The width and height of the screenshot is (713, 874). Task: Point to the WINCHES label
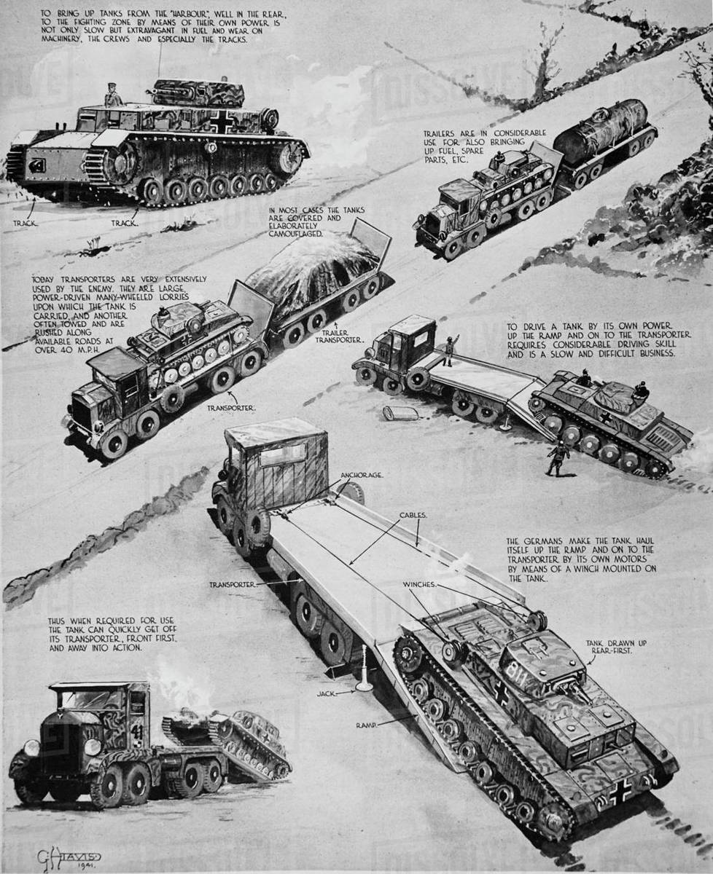[x=421, y=583]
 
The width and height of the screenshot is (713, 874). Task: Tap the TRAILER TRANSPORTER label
[x=338, y=336]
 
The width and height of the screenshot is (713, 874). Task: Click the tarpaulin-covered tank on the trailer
[x=314, y=270]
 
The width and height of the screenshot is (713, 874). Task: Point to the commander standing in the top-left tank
[x=112, y=95]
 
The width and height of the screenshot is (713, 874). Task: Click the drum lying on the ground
[x=400, y=413]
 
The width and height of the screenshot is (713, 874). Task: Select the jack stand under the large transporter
[x=363, y=670]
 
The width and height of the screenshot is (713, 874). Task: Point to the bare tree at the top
[x=543, y=58]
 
